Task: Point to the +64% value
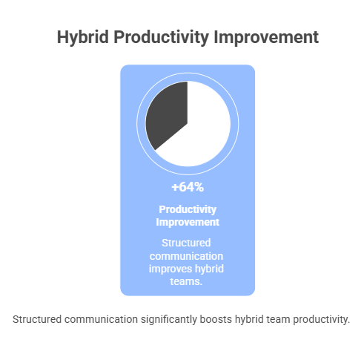pos(188,186)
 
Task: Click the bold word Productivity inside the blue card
pos(188,209)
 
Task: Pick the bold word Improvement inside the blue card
pos(188,222)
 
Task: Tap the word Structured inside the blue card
pos(188,243)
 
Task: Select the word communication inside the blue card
pos(188,255)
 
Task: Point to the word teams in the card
pos(188,281)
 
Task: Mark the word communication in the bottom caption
pos(105,319)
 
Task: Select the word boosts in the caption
pos(226,319)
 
